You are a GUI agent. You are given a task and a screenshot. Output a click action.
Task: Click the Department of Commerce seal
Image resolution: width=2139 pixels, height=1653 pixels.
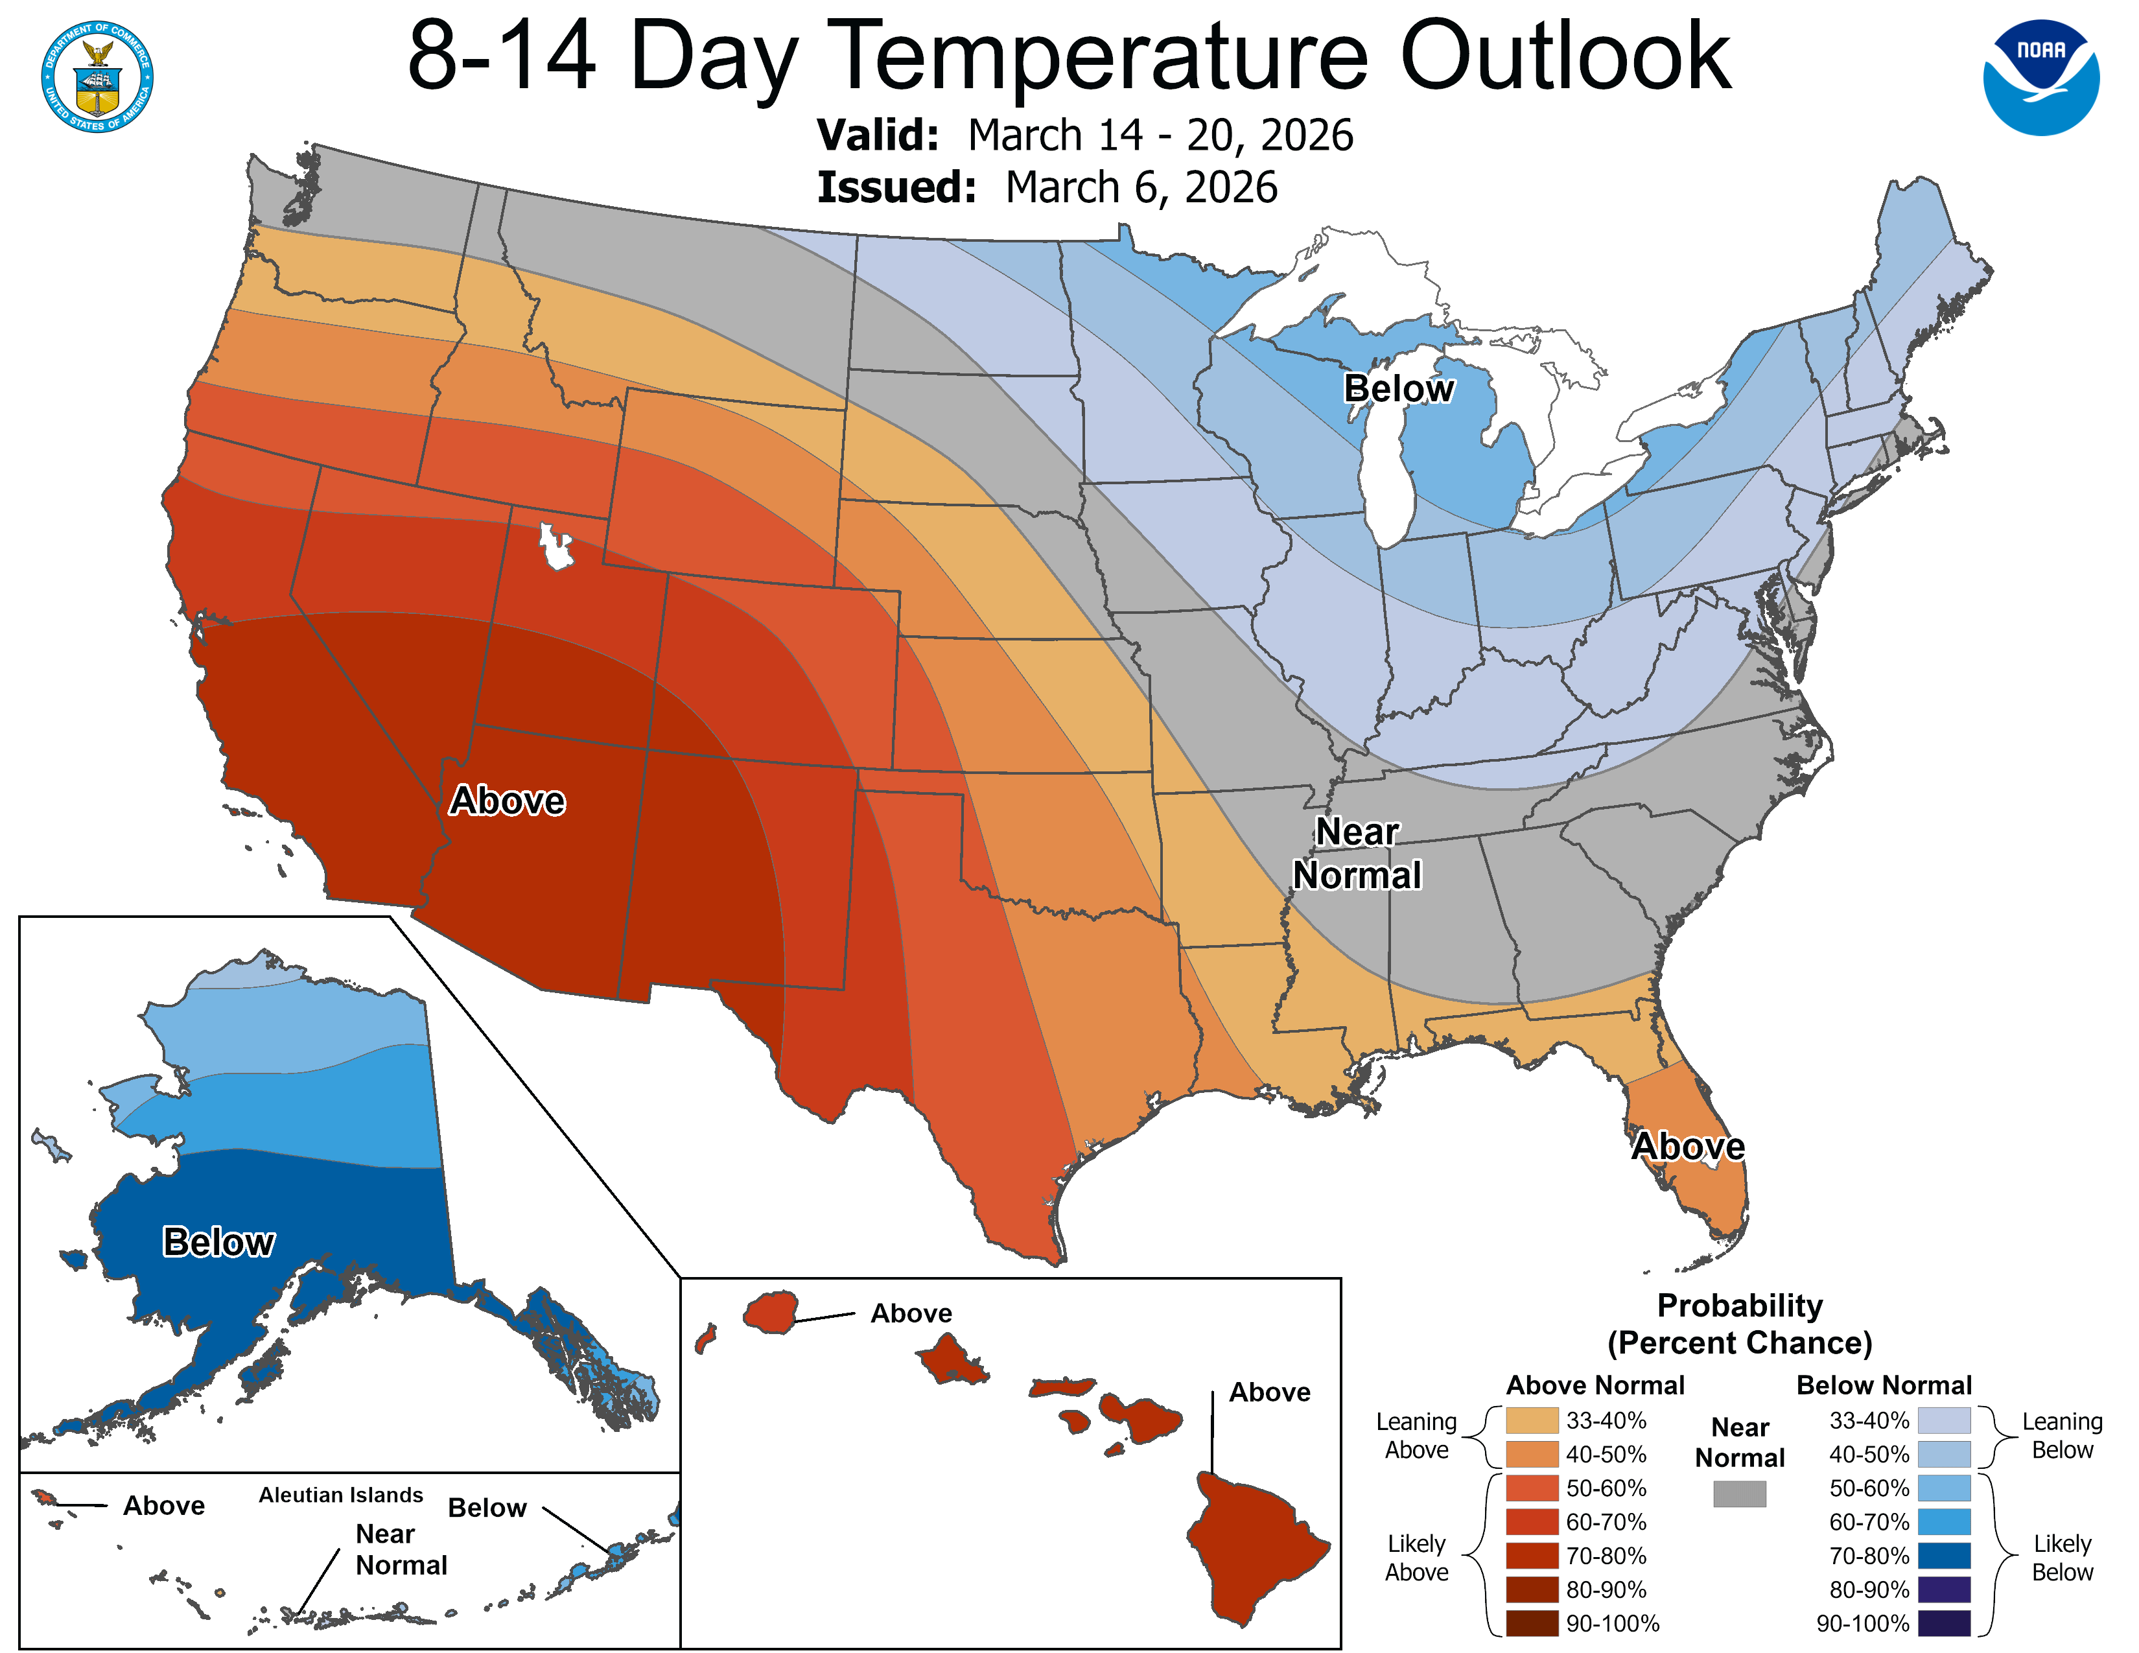[97, 76]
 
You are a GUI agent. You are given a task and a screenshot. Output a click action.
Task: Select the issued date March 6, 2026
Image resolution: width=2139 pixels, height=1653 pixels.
[1140, 187]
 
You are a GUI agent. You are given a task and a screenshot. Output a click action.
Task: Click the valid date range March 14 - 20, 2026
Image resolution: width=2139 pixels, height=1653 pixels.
[1160, 135]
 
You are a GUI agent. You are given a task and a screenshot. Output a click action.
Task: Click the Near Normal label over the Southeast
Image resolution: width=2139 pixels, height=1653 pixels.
[1357, 853]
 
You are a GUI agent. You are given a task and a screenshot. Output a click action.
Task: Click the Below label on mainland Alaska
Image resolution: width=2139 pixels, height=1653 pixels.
[218, 1242]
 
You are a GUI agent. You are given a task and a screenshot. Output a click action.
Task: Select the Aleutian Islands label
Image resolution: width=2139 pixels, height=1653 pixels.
[341, 1494]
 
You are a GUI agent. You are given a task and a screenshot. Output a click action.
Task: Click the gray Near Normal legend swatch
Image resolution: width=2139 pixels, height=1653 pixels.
[1740, 1494]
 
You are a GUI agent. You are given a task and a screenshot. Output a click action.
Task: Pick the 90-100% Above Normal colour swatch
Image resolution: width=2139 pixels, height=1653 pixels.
[1532, 1624]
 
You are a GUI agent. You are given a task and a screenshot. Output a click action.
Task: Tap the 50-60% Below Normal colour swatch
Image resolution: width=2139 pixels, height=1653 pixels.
[1943, 1488]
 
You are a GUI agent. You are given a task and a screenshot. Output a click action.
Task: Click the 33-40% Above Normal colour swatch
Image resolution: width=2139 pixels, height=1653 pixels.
[1532, 1421]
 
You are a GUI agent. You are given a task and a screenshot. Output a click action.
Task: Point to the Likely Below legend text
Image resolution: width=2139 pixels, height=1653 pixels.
[2062, 1557]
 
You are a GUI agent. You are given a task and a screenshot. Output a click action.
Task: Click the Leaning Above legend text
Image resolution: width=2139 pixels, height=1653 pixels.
[1416, 1436]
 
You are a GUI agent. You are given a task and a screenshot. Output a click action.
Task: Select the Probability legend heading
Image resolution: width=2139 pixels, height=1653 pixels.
[1740, 1306]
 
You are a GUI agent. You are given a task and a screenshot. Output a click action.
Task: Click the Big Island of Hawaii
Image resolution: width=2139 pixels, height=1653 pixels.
[1254, 1547]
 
